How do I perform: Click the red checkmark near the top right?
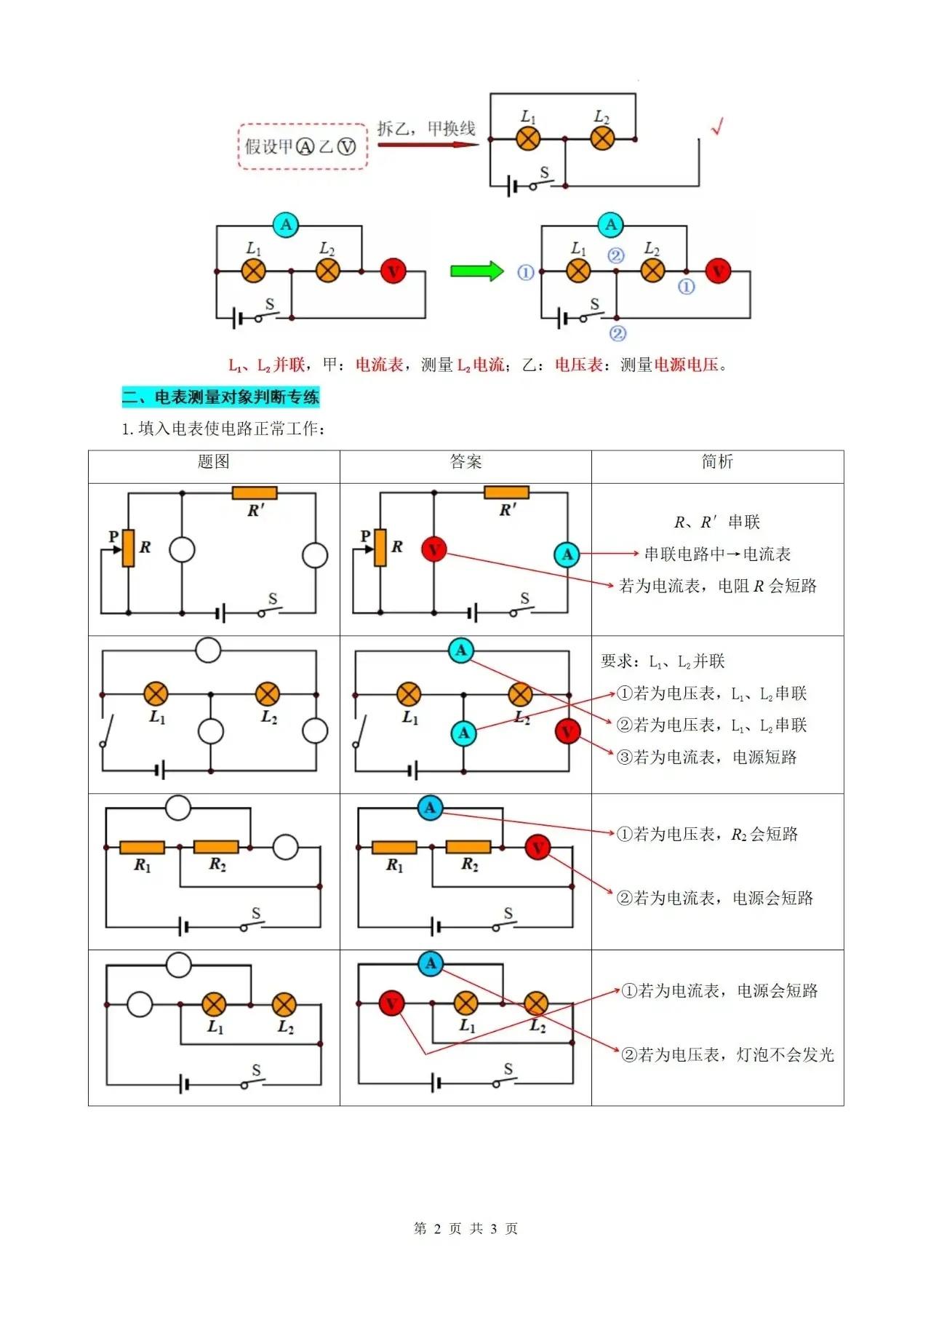tap(717, 127)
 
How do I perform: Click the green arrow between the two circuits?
tap(477, 271)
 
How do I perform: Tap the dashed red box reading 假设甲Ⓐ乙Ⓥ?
tap(303, 147)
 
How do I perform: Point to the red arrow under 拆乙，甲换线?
tap(428, 144)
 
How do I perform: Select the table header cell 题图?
tap(214, 462)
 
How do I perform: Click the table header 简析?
tap(718, 462)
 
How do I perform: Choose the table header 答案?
tap(466, 462)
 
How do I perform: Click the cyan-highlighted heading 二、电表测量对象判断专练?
tap(220, 397)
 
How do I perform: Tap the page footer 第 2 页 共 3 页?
tap(465, 1228)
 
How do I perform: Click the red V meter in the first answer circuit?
tap(434, 549)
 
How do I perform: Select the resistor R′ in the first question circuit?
tap(255, 493)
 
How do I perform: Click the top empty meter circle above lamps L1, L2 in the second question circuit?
tap(209, 650)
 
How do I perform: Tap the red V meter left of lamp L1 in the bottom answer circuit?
tap(391, 1005)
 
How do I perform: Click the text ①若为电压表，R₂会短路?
tap(707, 834)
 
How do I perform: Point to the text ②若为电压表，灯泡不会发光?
tap(727, 1054)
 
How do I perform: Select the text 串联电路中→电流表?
tap(718, 554)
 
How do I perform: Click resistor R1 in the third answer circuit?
tap(394, 847)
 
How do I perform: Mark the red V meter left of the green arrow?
tap(393, 271)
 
